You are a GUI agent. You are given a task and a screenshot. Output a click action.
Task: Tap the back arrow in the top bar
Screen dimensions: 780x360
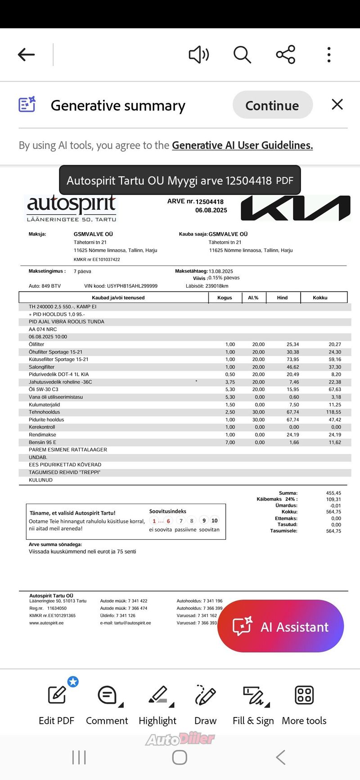click(x=26, y=55)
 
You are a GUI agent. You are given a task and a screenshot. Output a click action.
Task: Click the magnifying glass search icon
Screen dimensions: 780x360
click(x=242, y=55)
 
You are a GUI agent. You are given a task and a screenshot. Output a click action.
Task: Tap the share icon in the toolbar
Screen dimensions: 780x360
click(x=285, y=55)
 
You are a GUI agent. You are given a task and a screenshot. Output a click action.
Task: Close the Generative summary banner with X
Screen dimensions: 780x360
click(x=337, y=104)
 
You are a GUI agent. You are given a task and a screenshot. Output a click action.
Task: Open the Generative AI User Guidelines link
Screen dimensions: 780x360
click(x=242, y=145)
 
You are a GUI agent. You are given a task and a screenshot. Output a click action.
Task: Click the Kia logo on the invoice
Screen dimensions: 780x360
click(x=295, y=208)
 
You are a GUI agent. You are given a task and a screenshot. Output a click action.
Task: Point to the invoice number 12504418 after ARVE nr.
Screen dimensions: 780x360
click(x=209, y=202)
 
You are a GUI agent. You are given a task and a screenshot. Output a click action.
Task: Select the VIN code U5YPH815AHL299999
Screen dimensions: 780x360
click(x=132, y=286)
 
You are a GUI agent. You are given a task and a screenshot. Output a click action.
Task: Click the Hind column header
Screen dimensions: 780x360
click(x=282, y=298)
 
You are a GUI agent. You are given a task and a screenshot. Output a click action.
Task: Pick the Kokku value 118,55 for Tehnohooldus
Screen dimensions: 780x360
click(x=333, y=412)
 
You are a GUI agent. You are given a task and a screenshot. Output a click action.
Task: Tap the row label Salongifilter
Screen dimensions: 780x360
click(x=42, y=367)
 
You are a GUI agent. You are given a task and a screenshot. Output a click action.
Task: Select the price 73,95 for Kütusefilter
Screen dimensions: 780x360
click(x=292, y=359)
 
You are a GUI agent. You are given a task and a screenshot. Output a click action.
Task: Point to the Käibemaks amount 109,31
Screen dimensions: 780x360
click(x=333, y=499)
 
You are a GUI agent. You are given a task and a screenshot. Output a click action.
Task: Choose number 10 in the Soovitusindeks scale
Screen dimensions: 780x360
click(x=215, y=521)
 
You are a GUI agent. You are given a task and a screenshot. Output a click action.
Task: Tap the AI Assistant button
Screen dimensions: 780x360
click(x=281, y=627)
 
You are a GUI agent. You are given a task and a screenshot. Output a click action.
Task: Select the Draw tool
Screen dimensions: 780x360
click(x=205, y=704)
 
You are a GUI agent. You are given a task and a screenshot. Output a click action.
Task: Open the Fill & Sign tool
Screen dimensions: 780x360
click(x=253, y=704)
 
